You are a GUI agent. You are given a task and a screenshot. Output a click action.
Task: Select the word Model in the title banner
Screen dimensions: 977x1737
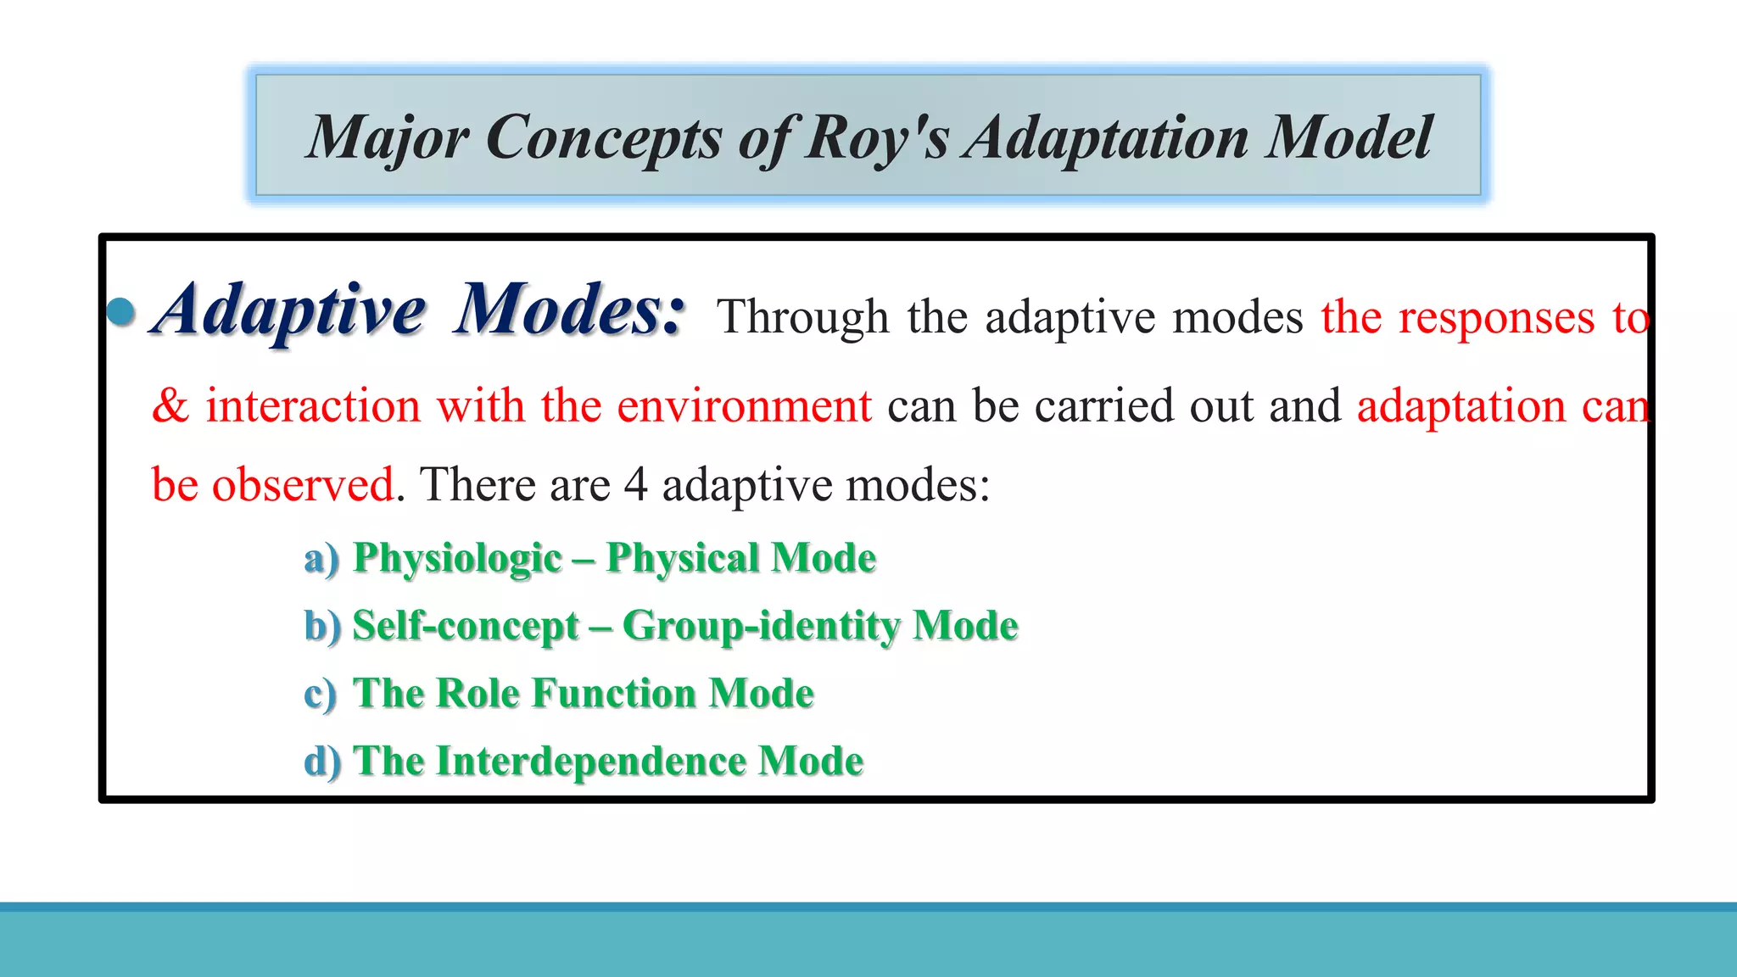pyautogui.click(x=1349, y=137)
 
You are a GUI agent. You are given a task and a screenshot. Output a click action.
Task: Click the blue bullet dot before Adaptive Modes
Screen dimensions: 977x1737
pyautogui.click(x=121, y=311)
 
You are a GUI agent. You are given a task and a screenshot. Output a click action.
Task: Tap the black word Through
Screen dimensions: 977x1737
pyautogui.click(x=802, y=318)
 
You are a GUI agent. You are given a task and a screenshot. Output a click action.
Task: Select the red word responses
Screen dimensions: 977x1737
pyautogui.click(x=1496, y=318)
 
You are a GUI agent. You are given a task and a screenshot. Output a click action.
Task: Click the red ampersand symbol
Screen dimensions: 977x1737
pyautogui.click(x=170, y=405)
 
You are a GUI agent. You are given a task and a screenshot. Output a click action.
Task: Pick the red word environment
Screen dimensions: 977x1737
pyautogui.click(x=744, y=405)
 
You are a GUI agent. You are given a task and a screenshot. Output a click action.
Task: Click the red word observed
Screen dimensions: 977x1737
pyautogui.click(x=303, y=485)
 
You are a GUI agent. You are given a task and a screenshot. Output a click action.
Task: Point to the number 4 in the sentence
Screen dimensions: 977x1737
pyautogui.click(x=635, y=485)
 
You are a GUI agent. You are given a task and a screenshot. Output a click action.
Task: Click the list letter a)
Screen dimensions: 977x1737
pyautogui.click(x=321, y=559)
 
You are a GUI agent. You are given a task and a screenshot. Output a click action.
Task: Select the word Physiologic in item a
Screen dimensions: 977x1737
pyautogui.click(x=457, y=559)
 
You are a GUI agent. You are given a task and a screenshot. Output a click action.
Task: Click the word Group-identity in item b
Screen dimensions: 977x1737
pyautogui.click(x=761, y=627)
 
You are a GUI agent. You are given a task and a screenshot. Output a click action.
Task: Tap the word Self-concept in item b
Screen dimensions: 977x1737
pyautogui.click(x=466, y=627)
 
